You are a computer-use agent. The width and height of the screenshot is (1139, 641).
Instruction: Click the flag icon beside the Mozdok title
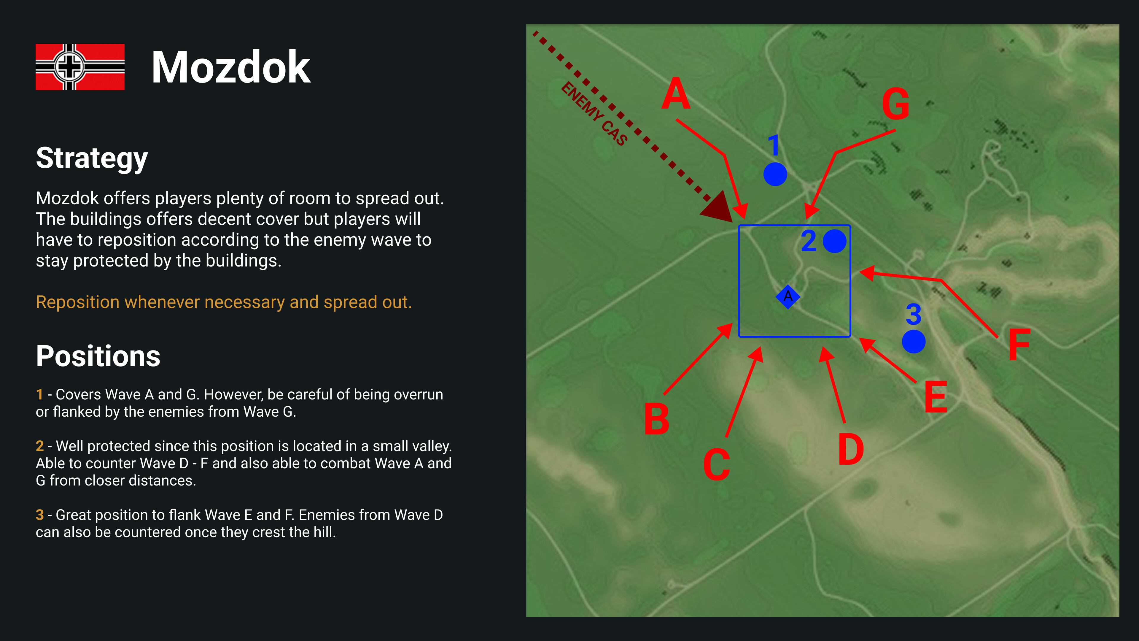point(80,67)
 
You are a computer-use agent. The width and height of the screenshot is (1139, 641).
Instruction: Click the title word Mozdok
point(231,67)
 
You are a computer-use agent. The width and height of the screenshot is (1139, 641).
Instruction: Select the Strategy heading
point(92,158)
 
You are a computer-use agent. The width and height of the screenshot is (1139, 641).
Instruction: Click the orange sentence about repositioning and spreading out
point(224,302)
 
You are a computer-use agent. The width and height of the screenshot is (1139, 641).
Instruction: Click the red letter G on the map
point(896,104)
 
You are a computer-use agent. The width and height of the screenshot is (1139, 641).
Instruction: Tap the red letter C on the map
point(716,464)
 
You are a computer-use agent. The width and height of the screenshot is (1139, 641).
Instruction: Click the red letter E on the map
point(936,397)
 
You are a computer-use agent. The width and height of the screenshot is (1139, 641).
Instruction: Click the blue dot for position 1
point(775,174)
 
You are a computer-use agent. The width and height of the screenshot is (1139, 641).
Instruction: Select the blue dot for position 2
point(834,241)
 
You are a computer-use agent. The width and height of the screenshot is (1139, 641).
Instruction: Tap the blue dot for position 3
point(914,342)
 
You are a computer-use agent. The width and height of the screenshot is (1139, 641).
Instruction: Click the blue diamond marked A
point(788,296)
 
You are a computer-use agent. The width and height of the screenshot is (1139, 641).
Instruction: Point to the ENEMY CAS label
point(594,114)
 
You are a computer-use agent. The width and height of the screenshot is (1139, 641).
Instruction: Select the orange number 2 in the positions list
point(40,446)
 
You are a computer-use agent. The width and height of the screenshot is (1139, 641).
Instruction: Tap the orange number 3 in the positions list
point(40,515)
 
